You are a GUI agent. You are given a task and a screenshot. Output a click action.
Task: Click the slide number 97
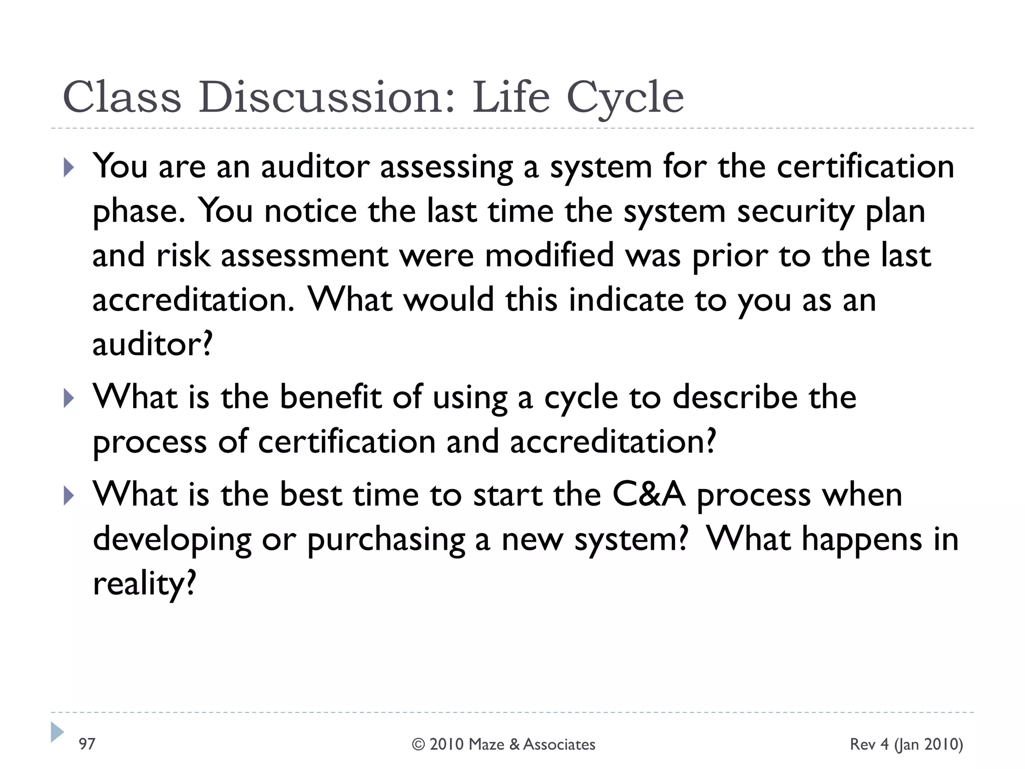(x=87, y=744)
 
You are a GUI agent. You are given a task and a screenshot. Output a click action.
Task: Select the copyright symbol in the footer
(x=418, y=744)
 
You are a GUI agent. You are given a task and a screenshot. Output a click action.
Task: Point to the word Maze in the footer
(x=486, y=744)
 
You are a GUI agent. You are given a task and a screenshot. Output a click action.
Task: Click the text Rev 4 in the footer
(x=869, y=744)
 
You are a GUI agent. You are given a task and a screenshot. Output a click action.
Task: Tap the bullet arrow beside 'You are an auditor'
(x=69, y=168)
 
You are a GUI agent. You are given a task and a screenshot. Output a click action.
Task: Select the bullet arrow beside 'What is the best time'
(x=69, y=496)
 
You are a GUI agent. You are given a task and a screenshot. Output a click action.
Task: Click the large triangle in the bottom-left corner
(x=57, y=732)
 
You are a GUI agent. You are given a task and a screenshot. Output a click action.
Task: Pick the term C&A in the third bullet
(x=649, y=495)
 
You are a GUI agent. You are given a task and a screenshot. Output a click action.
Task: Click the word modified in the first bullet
(x=549, y=255)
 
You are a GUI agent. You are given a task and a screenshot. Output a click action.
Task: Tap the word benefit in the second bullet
(x=330, y=397)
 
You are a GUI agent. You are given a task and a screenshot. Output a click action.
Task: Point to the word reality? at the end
(x=144, y=584)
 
